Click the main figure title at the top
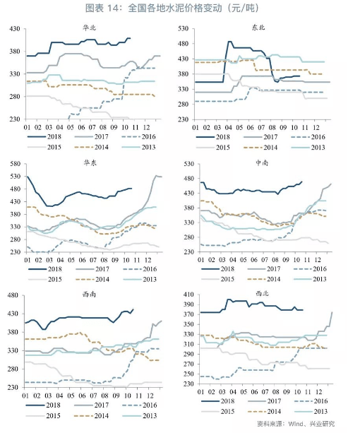[x=172, y=8]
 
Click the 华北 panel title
[x=90, y=28]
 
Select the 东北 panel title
[x=258, y=27]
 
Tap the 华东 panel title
[x=90, y=162]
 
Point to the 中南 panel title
[x=261, y=162]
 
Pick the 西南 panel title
[x=89, y=295]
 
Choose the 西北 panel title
[x=262, y=293]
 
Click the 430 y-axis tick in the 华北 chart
[x=15, y=29]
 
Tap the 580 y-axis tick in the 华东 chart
[x=15, y=164]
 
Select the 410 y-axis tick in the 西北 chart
[x=188, y=295]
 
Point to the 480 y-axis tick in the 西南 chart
[x=13, y=295]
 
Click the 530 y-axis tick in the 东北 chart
[x=183, y=29]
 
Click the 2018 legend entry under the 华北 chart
[x=44, y=137]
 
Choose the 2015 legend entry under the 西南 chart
[x=43, y=415]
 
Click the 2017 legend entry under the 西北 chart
[x=265, y=401]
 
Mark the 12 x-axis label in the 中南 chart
[x=318, y=260]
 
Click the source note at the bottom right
[x=296, y=424]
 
